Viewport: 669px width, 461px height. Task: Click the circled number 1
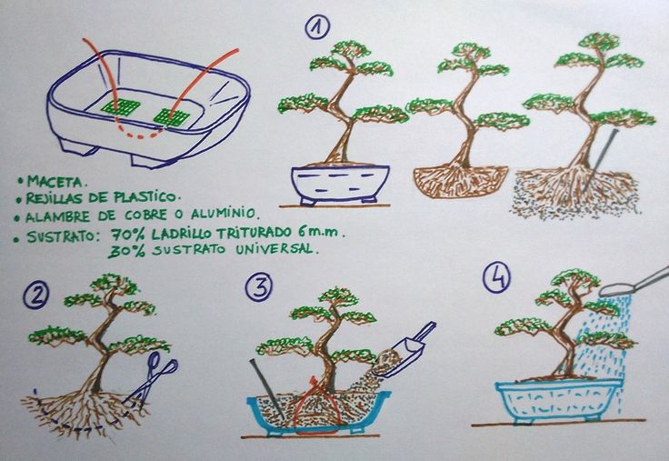317,28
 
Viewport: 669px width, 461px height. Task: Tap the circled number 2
35,296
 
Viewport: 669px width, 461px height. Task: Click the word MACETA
55,182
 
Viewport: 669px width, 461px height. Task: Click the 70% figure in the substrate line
126,234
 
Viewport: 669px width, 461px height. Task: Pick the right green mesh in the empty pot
171,117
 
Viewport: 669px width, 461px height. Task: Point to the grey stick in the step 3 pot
266,389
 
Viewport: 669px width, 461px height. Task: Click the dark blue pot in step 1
340,185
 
